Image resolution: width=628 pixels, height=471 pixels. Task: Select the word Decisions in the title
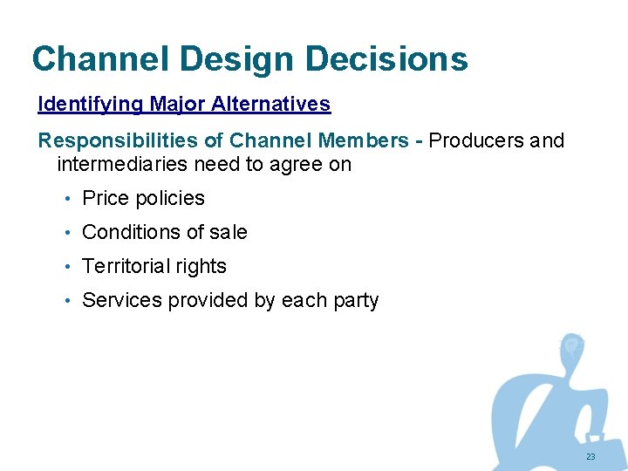tap(386, 59)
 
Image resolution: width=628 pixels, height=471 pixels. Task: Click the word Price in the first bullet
tap(106, 199)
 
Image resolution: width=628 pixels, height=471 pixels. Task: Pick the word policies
tap(170, 199)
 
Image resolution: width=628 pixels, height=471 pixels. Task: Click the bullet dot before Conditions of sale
tap(67, 233)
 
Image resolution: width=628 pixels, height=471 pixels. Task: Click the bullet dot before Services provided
tap(67, 301)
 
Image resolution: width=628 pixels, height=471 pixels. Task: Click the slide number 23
tap(590, 457)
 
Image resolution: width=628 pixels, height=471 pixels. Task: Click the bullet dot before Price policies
tap(67, 199)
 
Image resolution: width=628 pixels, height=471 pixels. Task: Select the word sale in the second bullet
tap(229, 233)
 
